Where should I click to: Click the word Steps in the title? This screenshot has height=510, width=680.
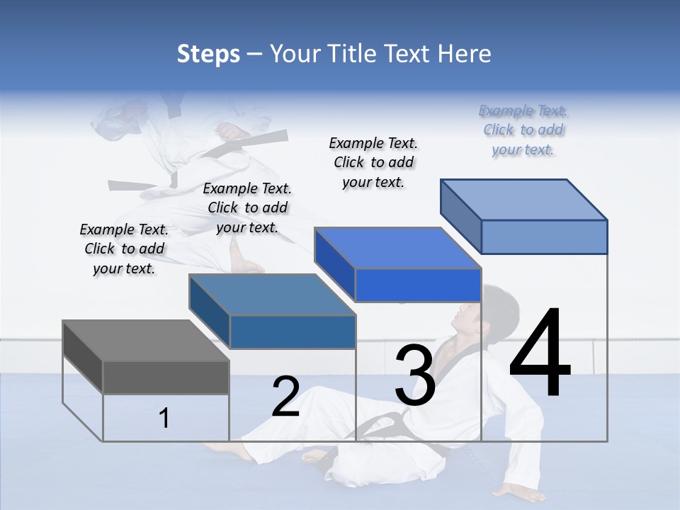click(208, 54)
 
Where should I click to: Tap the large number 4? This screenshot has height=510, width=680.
click(540, 354)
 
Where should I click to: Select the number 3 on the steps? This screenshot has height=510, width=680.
click(414, 375)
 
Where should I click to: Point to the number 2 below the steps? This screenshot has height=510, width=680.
click(286, 397)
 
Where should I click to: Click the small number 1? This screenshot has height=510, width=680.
click(164, 418)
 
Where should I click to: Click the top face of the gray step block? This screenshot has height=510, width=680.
click(145, 341)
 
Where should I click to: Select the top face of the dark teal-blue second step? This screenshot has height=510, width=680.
click(272, 295)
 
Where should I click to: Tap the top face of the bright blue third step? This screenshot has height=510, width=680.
click(397, 248)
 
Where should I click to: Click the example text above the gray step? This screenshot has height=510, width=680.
click(124, 249)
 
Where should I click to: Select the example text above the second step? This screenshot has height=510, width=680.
click(247, 208)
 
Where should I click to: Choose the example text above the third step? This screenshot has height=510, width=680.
click(373, 162)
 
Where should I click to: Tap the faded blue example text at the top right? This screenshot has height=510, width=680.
click(523, 130)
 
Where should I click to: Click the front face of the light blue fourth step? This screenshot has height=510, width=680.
click(544, 237)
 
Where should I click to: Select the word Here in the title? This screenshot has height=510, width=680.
click(465, 54)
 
